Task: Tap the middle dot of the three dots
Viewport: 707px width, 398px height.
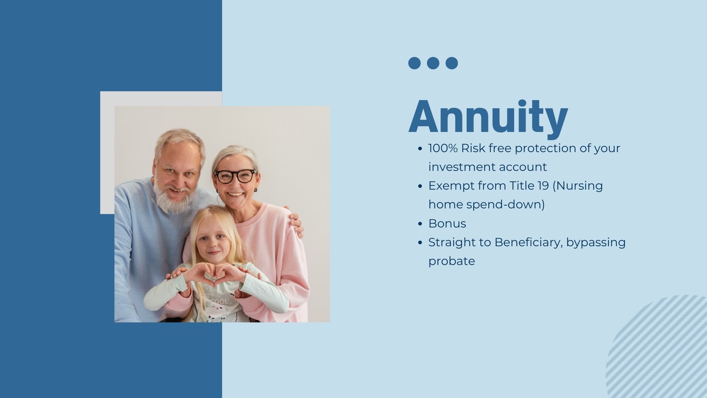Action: pyautogui.click(x=433, y=63)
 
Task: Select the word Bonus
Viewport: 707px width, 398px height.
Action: pyautogui.click(x=447, y=224)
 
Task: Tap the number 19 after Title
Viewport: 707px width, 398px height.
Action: pyautogui.click(x=542, y=186)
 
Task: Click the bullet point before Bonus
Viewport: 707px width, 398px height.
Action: pyautogui.click(x=420, y=224)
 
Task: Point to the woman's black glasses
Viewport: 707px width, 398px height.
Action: pyautogui.click(x=235, y=176)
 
